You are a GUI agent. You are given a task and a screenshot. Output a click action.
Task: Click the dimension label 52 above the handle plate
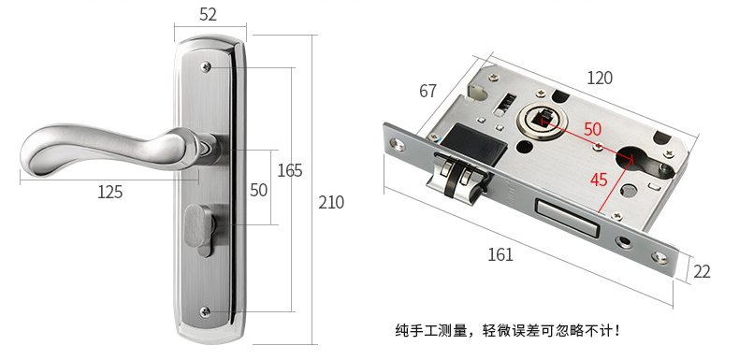coord(208,15)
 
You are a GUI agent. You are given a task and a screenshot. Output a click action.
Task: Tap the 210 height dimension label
coord(331,202)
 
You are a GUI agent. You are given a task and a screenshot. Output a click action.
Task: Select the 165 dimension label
coord(289,170)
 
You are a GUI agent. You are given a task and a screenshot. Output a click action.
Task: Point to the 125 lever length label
coord(109,192)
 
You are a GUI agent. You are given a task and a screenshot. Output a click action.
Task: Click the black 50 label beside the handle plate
coord(258,190)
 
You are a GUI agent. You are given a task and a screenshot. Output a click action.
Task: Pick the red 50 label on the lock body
coord(592,129)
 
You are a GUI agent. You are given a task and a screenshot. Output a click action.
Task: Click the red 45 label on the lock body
coord(599,180)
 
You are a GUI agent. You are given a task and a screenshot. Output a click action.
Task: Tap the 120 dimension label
coord(600,78)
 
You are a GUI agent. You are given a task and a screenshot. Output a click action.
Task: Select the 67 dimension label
coord(427,91)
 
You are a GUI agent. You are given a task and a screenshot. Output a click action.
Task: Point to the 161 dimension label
coord(500,254)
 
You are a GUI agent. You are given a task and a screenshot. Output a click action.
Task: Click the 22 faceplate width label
coord(702,272)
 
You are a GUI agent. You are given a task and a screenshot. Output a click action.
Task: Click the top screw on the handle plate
coord(206,67)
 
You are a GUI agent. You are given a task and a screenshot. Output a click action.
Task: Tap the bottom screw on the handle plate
coord(205,311)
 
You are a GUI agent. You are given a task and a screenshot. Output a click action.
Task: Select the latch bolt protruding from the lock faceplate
coord(455,177)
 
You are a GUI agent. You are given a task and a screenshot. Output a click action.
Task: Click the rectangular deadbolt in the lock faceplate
coord(568,217)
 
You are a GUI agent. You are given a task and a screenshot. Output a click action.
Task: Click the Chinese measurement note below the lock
coord(508,330)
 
